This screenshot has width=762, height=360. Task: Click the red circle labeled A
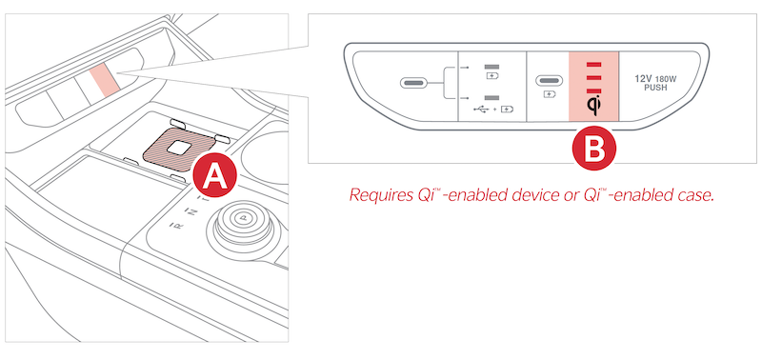215,175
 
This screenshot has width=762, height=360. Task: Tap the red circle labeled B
593,149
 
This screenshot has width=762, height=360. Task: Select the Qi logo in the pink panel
593,106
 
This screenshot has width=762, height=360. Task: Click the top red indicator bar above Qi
593,64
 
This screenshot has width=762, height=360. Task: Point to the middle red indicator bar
593,78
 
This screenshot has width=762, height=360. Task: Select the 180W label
664,78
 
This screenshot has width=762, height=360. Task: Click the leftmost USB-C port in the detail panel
414,83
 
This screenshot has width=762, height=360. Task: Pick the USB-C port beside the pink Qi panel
550,80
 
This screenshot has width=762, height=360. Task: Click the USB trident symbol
483,109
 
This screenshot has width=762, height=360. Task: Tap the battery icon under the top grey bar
492,76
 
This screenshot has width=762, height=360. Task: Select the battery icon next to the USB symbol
507,109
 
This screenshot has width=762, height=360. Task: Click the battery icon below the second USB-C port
550,94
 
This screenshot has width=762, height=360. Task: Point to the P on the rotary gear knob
243,218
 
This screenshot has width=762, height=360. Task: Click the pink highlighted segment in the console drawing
104,79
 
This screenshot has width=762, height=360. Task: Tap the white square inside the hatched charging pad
179,148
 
